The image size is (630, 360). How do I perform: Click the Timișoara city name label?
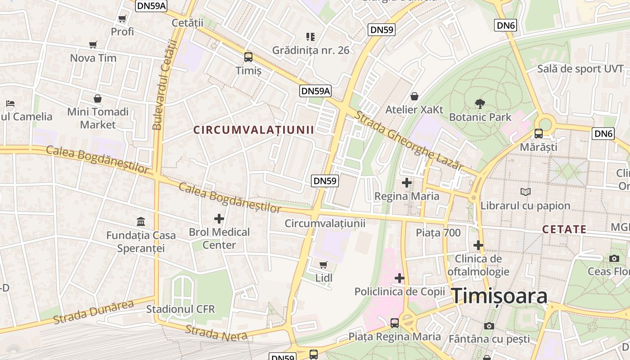pos(499,296)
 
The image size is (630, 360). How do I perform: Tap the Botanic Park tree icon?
pos(480,104)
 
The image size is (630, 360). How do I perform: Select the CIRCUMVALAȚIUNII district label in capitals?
pos(253,130)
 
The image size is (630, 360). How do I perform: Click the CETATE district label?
pos(564,229)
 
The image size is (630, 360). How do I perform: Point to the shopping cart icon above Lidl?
pos(324,265)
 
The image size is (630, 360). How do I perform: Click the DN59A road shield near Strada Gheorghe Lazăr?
pos(315,91)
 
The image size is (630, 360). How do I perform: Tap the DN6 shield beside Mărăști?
pos(604,133)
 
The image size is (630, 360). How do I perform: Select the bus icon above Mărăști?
pos(539,133)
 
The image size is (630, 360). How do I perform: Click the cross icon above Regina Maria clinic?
pos(407,183)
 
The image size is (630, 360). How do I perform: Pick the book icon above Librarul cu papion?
pos(525,192)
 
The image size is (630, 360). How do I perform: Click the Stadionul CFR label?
pos(180,310)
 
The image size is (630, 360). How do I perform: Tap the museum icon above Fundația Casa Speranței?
pos(141,222)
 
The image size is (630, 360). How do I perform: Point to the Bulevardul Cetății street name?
pos(164,85)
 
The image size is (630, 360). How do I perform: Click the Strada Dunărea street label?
pos(94,312)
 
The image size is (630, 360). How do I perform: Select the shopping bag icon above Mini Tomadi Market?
pos(98,98)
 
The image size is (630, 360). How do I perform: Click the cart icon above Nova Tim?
pos(93,45)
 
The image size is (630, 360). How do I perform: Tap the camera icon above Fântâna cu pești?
pos(489,326)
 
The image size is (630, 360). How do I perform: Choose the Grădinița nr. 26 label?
pos(310,50)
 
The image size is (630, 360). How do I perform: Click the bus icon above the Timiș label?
pos(248,57)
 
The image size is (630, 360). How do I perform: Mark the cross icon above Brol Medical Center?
pos(219,219)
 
